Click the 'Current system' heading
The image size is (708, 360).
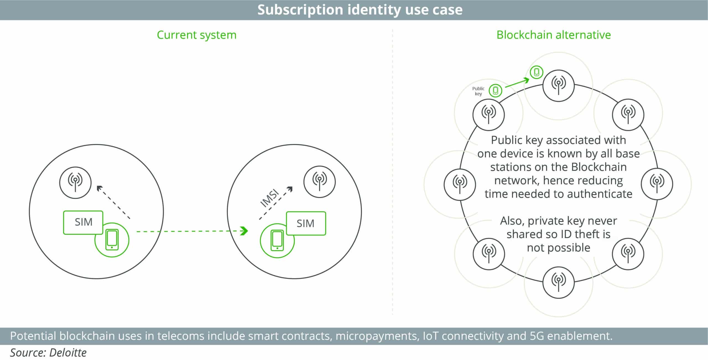[x=197, y=35]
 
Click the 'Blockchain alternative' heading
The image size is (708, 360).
[x=553, y=35]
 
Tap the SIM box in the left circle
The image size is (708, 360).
[x=83, y=222]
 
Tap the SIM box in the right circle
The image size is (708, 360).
[x=306, y=223]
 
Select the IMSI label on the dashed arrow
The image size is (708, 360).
[x=270, y=198]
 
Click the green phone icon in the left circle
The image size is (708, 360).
[x=112, y=240]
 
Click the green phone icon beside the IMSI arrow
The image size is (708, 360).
[x=277, y=240]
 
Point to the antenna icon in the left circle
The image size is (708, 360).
[x=75, y=182]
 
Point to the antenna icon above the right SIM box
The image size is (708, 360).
[x=319, y=182]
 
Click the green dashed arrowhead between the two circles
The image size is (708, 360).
[x=244, y=231]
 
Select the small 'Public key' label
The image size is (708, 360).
[x=478, y=91]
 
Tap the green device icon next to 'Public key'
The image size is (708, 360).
[x=495, y=90]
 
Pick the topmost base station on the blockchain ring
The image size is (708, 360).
[x=558, y=86]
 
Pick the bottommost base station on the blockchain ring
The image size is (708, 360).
[x=558, y=283]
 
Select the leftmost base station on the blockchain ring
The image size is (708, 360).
[x=460, y=184]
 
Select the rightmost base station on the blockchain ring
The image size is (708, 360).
[x=657, y=184]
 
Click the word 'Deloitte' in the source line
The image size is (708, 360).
[x=68, y=353]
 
